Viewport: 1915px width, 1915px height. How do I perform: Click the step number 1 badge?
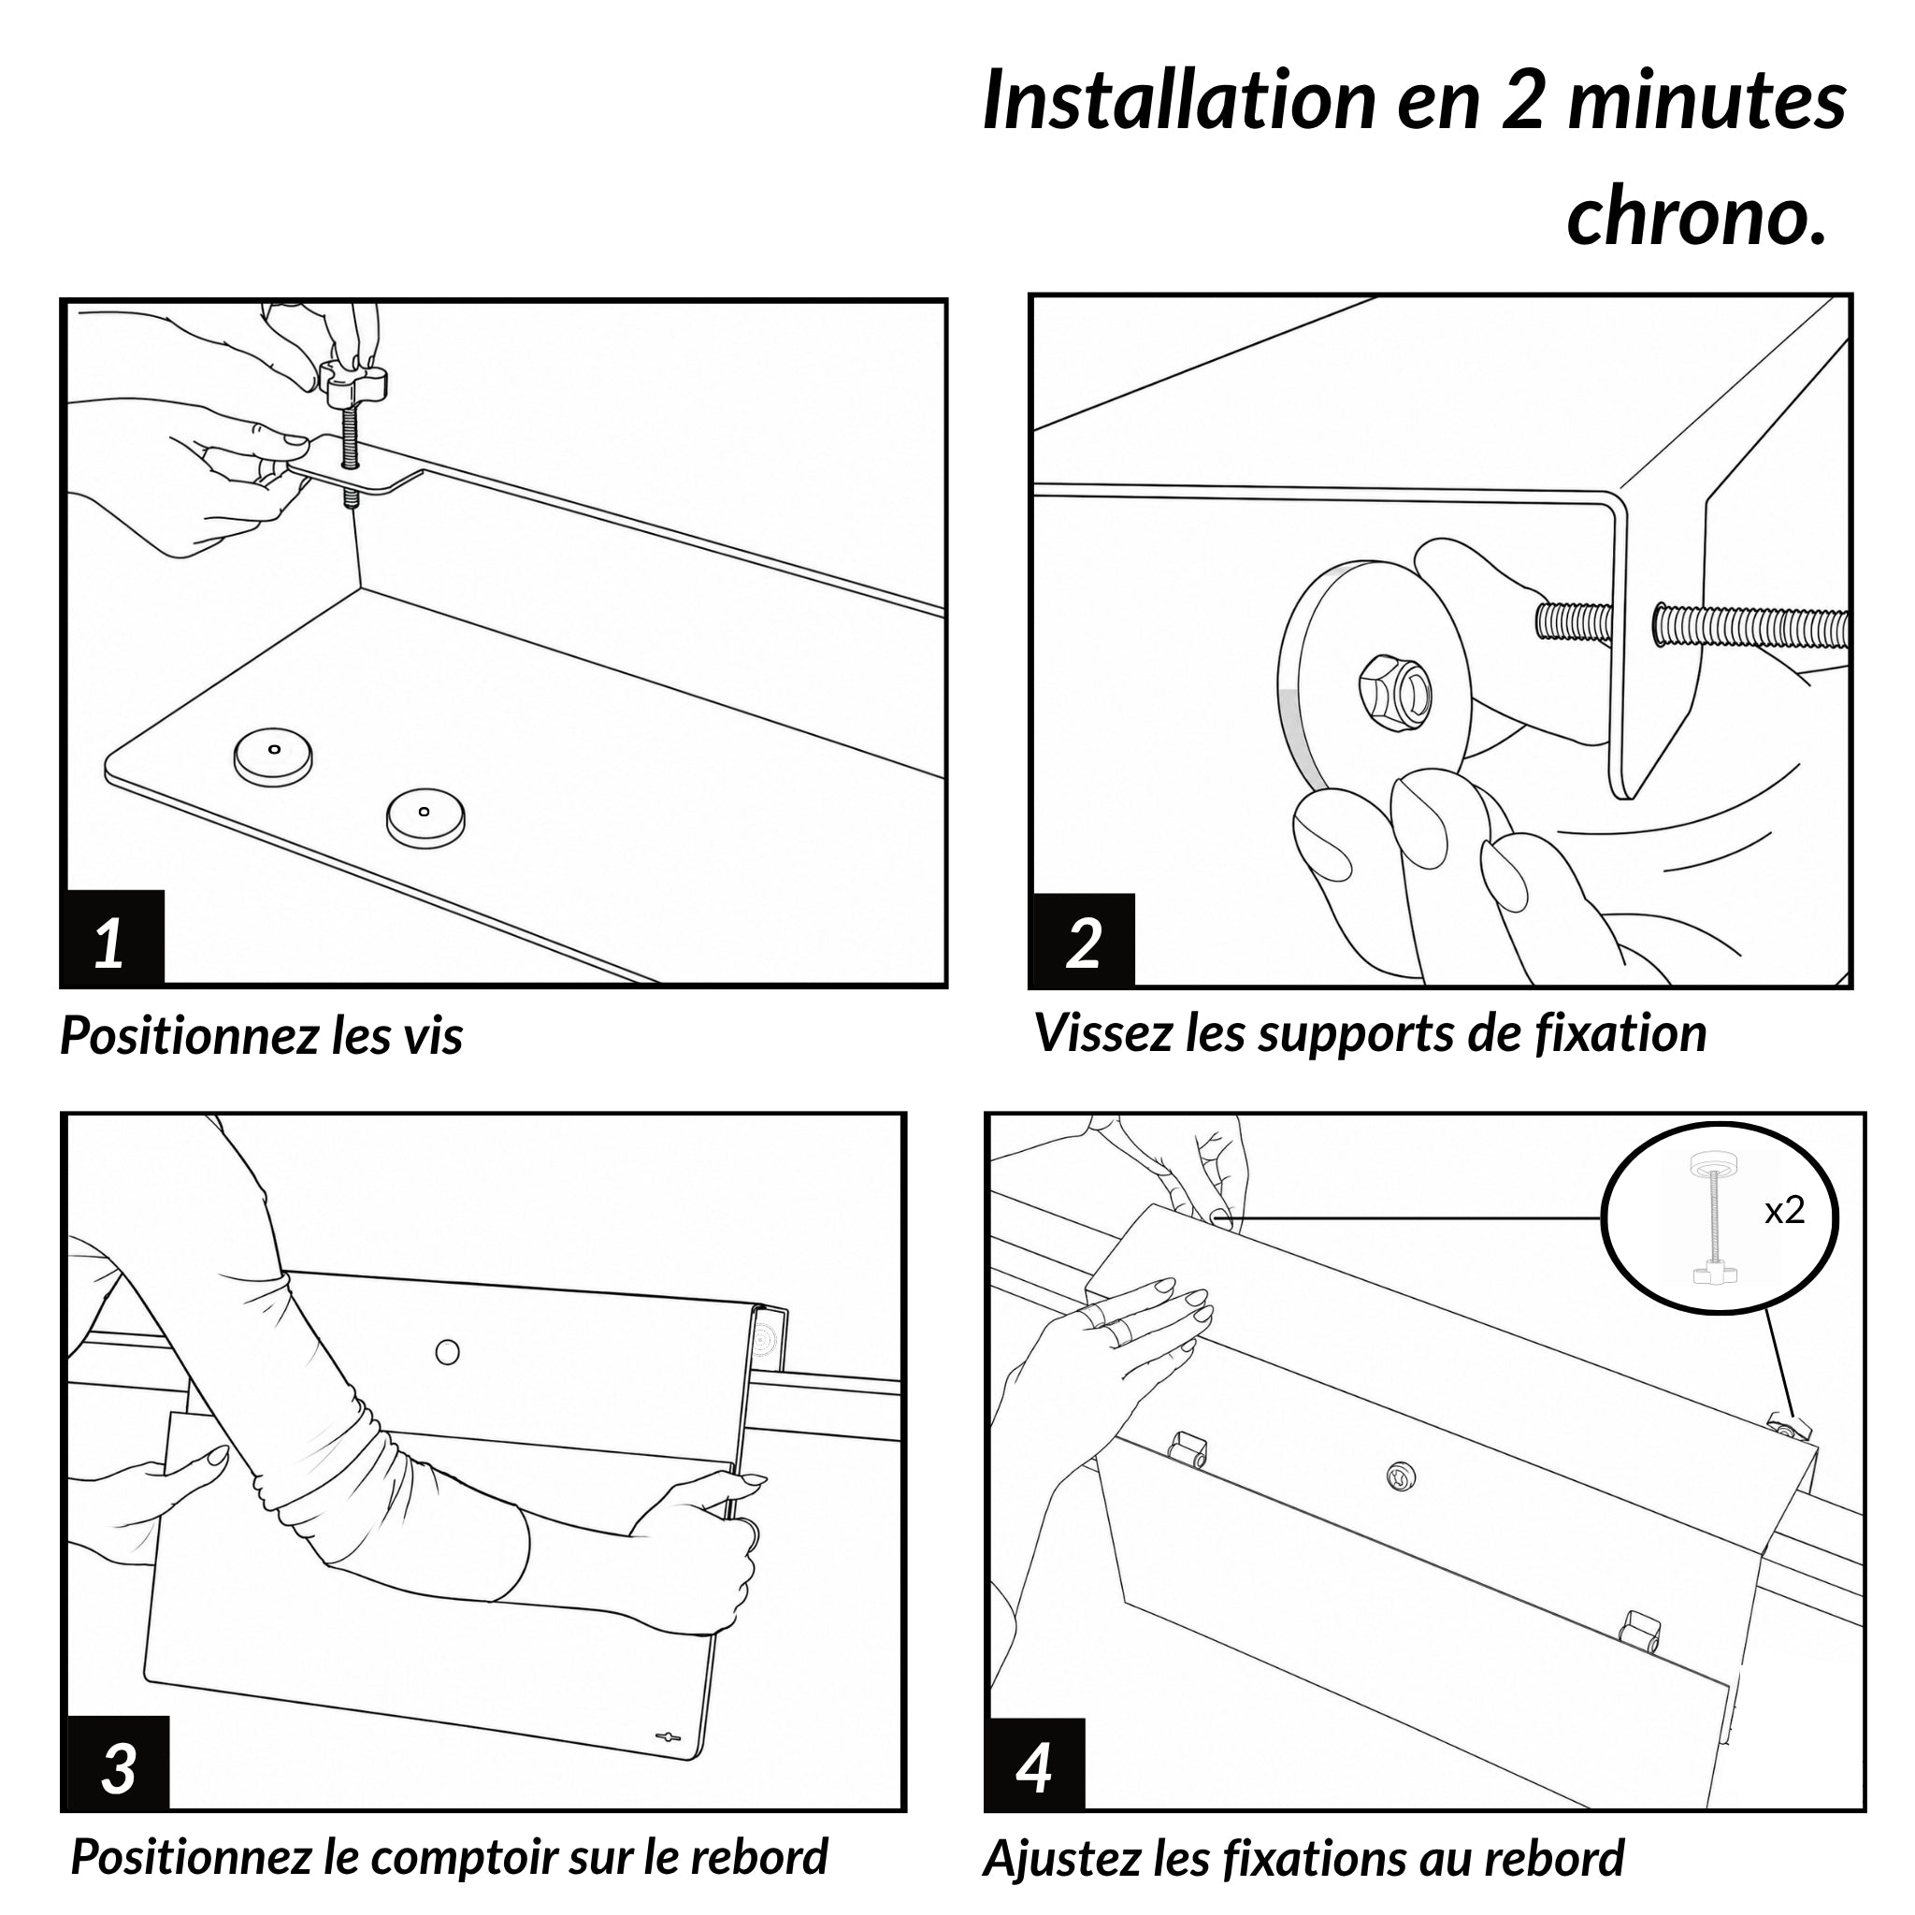[112, 938]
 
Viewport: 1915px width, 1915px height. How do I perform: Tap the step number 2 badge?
[1084, 941]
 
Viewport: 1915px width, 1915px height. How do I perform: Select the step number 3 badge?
[117, 1762]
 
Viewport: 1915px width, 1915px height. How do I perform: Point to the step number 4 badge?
[1035, 1764]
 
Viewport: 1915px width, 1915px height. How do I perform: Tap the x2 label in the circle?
[1784, 1210]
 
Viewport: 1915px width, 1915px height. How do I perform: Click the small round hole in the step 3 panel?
[448, 1351]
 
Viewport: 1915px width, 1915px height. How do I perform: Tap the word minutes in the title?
[1706, 100]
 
